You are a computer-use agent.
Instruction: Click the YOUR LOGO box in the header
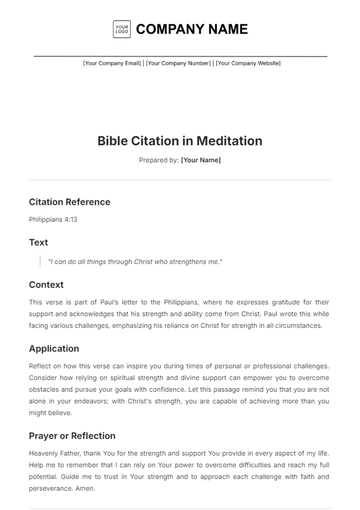pos(121,29)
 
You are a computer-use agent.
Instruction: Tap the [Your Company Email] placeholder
pos(111,62)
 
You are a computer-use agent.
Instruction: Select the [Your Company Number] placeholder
pos(180,62)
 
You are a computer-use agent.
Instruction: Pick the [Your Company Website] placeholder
pos(249,62)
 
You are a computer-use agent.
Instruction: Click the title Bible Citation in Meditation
pos(180,141)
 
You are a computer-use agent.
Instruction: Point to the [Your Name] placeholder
pos(200,160)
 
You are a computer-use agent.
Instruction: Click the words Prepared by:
pos(159,160)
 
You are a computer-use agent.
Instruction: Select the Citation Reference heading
pos(69,201)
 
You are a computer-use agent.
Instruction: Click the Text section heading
pos(38,242)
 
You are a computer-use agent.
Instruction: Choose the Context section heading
pos(46,284)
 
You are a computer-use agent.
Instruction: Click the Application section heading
pos(54,349)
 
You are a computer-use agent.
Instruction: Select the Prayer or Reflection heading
pos(72,436)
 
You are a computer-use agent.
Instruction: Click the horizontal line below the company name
pos(180,54)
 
